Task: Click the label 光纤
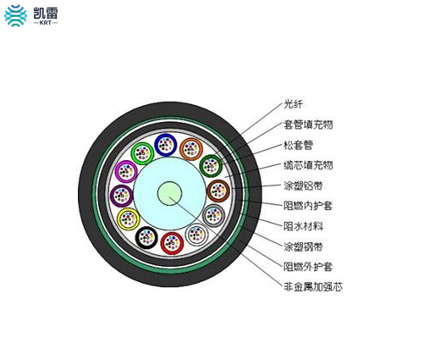pyautogui.click(x=293, y=104)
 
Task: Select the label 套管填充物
pyautogui.click(x=308, y=125)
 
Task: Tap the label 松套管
pyautogui.click(x=298, y=145)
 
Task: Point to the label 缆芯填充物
pyautogui.click(x=308, y=165)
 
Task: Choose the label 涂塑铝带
pyautogui.click(x=303, y=186)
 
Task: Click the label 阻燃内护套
pyautogui.click(x=308, y=206)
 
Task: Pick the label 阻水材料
pyautogui.click(x=303, y=226)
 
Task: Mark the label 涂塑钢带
pyautogui.click(x=303, y=246)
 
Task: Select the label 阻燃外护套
pyautogui.click(x=308, y=267)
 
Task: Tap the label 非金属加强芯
pyautogui.click(x=313, y=287)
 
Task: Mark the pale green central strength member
pyautogui.click(x=169, y=193)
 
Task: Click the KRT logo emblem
pyautogui.click(x=16, y=16)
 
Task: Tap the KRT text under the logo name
pyautogui.click(x=46, y=23)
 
